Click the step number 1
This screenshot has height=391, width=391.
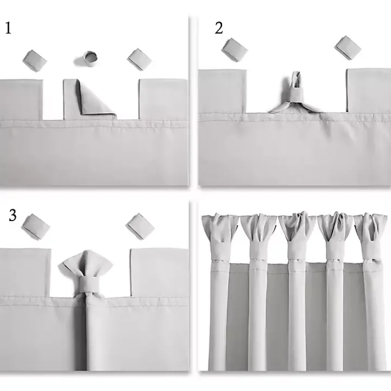(x=8, y=28)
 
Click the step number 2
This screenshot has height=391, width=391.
(x=219, y=28)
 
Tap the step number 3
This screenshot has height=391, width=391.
(x=12, y=215)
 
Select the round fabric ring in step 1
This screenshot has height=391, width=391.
(x=90, y=56)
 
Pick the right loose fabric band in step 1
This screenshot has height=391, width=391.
(x=140, y=59)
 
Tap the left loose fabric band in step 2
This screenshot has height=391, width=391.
(x=235, y=49)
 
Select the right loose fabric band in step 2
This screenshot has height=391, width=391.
(x=348, y=48)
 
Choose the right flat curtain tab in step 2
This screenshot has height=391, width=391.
(x=368, y=90)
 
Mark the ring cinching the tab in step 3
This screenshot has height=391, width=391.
(x=87, y=285)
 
